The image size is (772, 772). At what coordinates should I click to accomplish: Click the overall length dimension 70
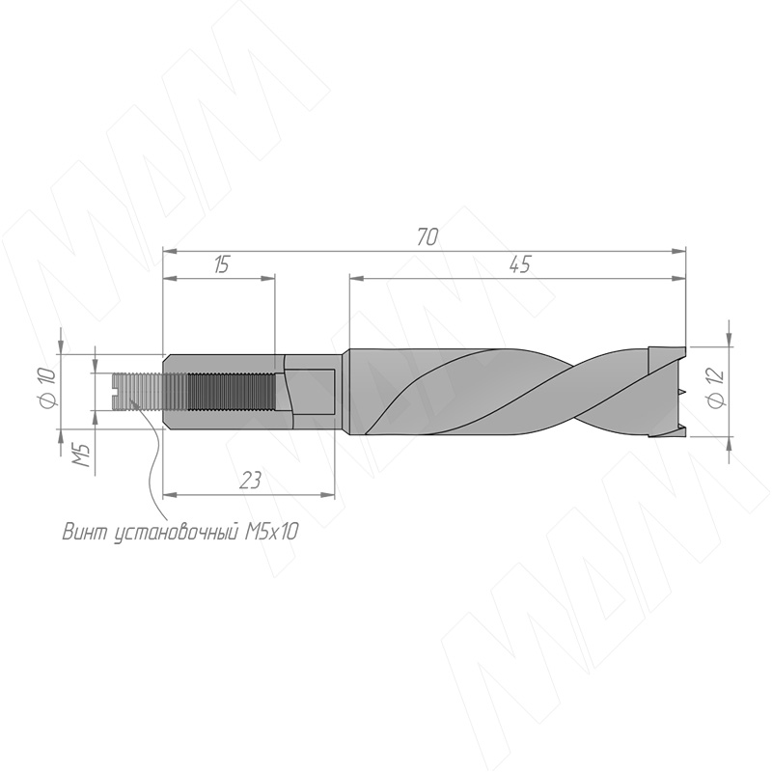(x=427, y=237)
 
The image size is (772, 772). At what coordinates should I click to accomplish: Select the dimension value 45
(x=520, y=264)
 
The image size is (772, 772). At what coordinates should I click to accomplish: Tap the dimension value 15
(x=222, y=264)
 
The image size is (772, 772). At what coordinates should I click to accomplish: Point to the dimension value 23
(x=250, y=480)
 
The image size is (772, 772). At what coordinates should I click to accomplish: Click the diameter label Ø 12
(x=716, y=388)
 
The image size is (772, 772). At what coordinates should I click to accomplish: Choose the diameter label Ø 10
(x=47, y=389)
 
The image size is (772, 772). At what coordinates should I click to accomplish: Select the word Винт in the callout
(x=84, y=532)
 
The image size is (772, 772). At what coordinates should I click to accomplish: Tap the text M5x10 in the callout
(x=271, y=532)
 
